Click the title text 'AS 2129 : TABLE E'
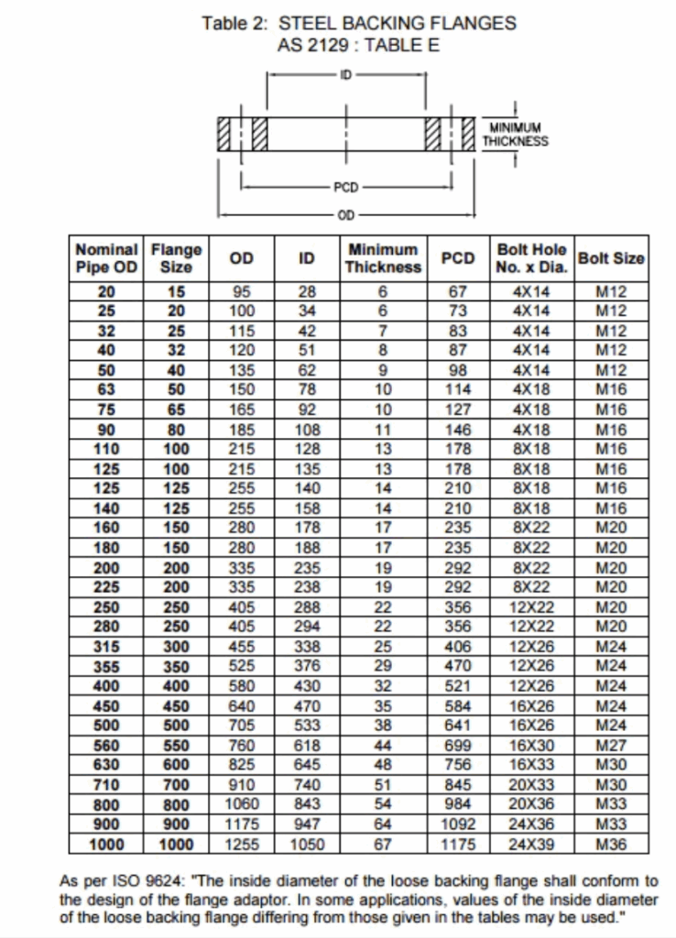[359, 44]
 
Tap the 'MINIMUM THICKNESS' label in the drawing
[515, 135]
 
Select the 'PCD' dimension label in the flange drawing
[345, 187]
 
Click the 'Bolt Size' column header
[611, 258]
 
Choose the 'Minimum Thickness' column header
[383, 258]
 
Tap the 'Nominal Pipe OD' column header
[106, 258]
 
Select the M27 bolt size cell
[611, 745]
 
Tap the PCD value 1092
[457, 823]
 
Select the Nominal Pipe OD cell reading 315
[106, 647]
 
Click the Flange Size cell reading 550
[176, 745]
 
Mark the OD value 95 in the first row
[241, 292]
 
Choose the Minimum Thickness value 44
[383, 745]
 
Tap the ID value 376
[307, 666]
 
